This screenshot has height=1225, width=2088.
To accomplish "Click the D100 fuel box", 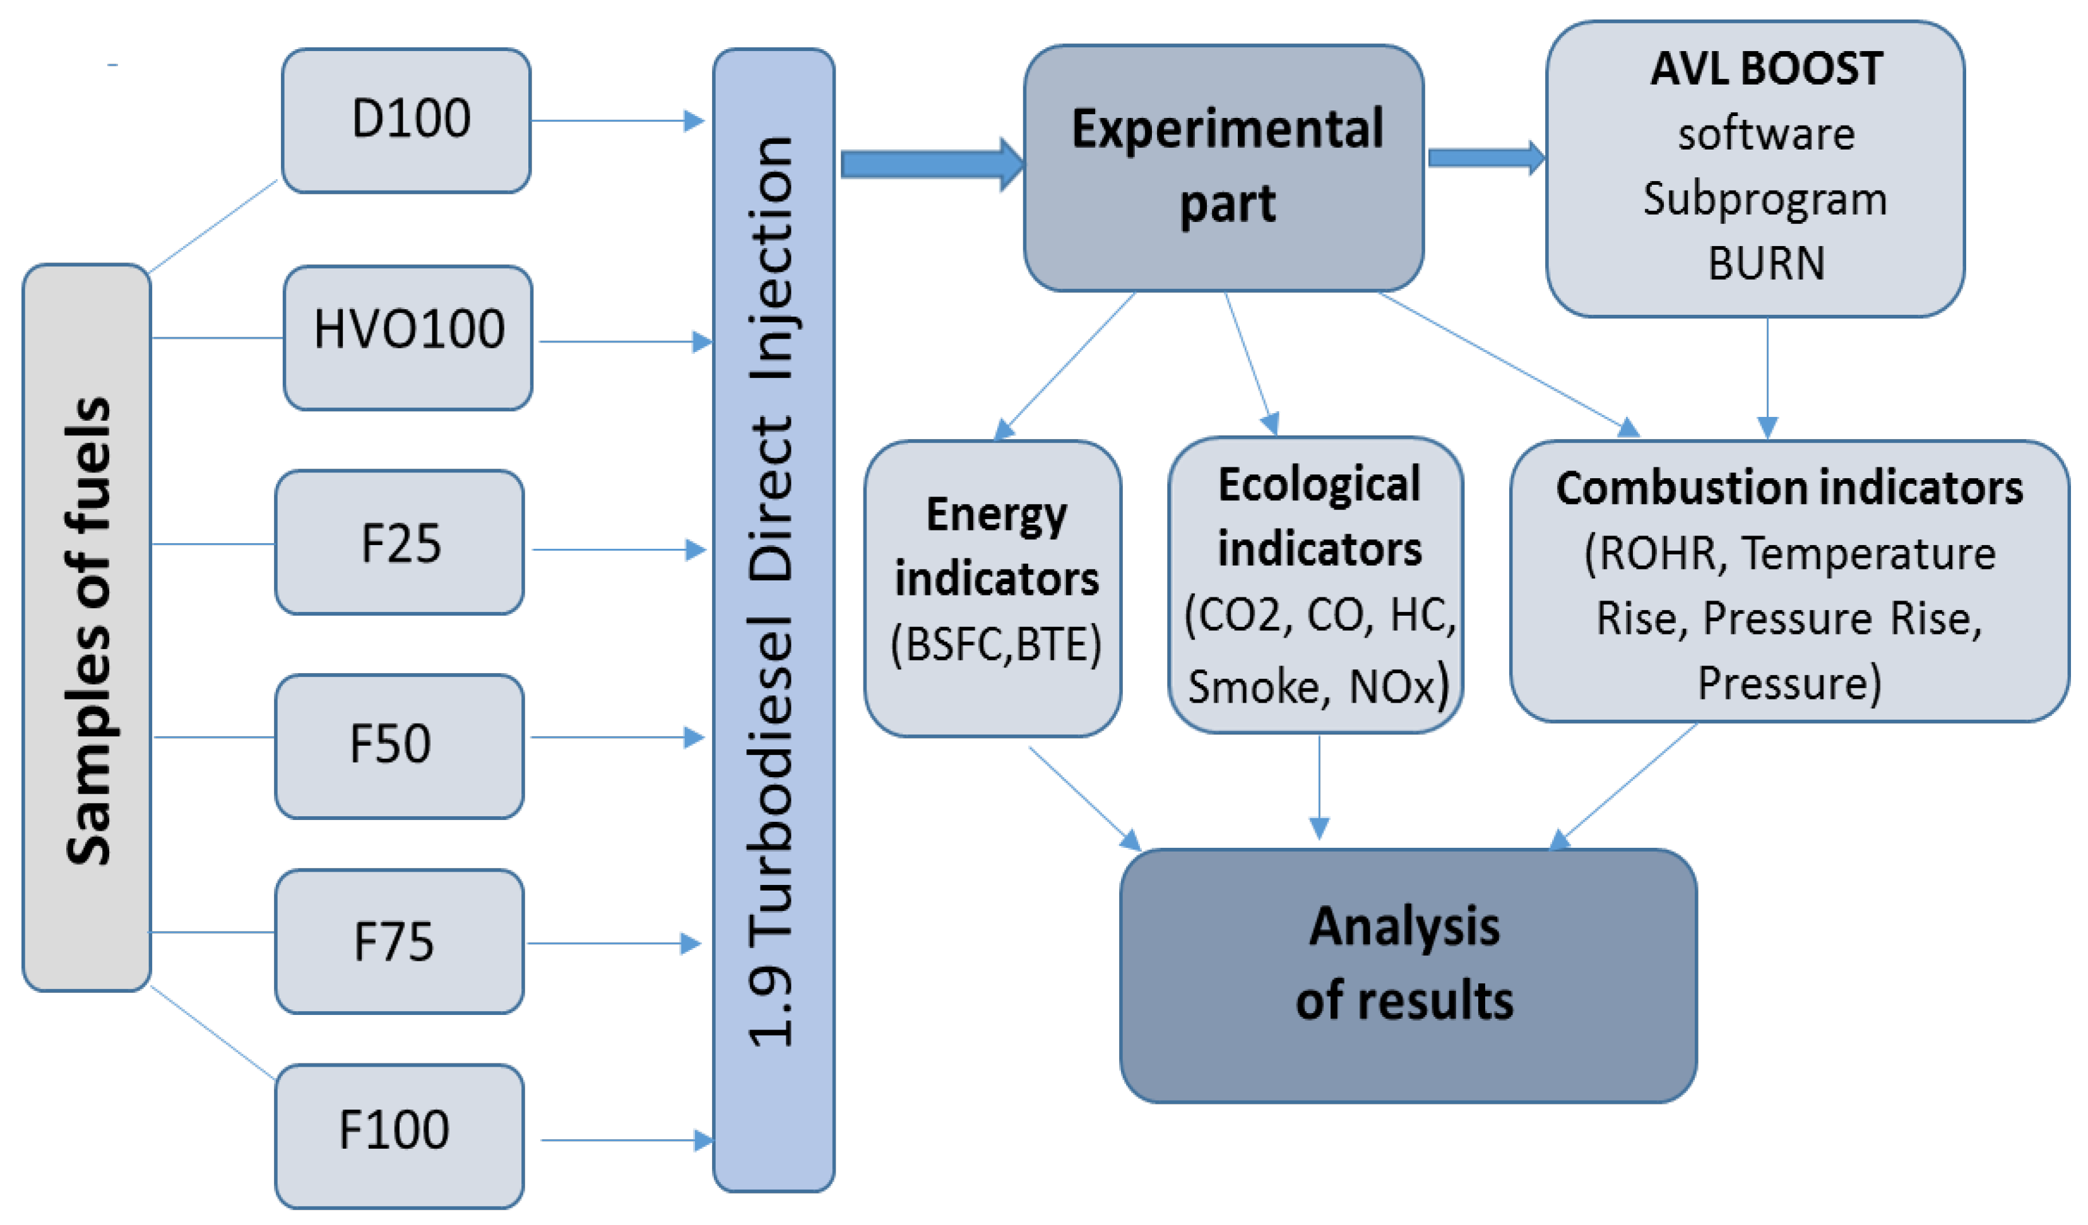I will click(x=406, y=120).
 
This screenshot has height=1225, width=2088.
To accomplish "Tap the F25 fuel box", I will click(x=400, y=542).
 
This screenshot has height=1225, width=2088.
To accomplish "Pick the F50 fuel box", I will click(x=400, y=746).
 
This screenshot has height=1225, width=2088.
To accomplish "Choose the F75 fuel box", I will click(x=400, y=941).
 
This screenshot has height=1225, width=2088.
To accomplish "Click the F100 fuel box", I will click(x=400, y=1135).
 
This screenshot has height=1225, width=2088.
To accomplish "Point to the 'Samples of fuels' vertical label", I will click(x=87, y=630).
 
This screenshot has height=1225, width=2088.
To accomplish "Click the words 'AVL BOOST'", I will click(x=1765, y=69).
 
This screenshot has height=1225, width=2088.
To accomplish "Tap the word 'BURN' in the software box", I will click(x=1765, y=264).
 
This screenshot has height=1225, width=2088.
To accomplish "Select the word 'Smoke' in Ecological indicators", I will click(x=1253, y=686).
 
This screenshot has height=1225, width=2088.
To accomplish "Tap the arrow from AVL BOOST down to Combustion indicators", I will click(x=1767, y=377).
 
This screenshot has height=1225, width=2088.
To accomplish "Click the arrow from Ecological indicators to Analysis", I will click(x=1319, y=787).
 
